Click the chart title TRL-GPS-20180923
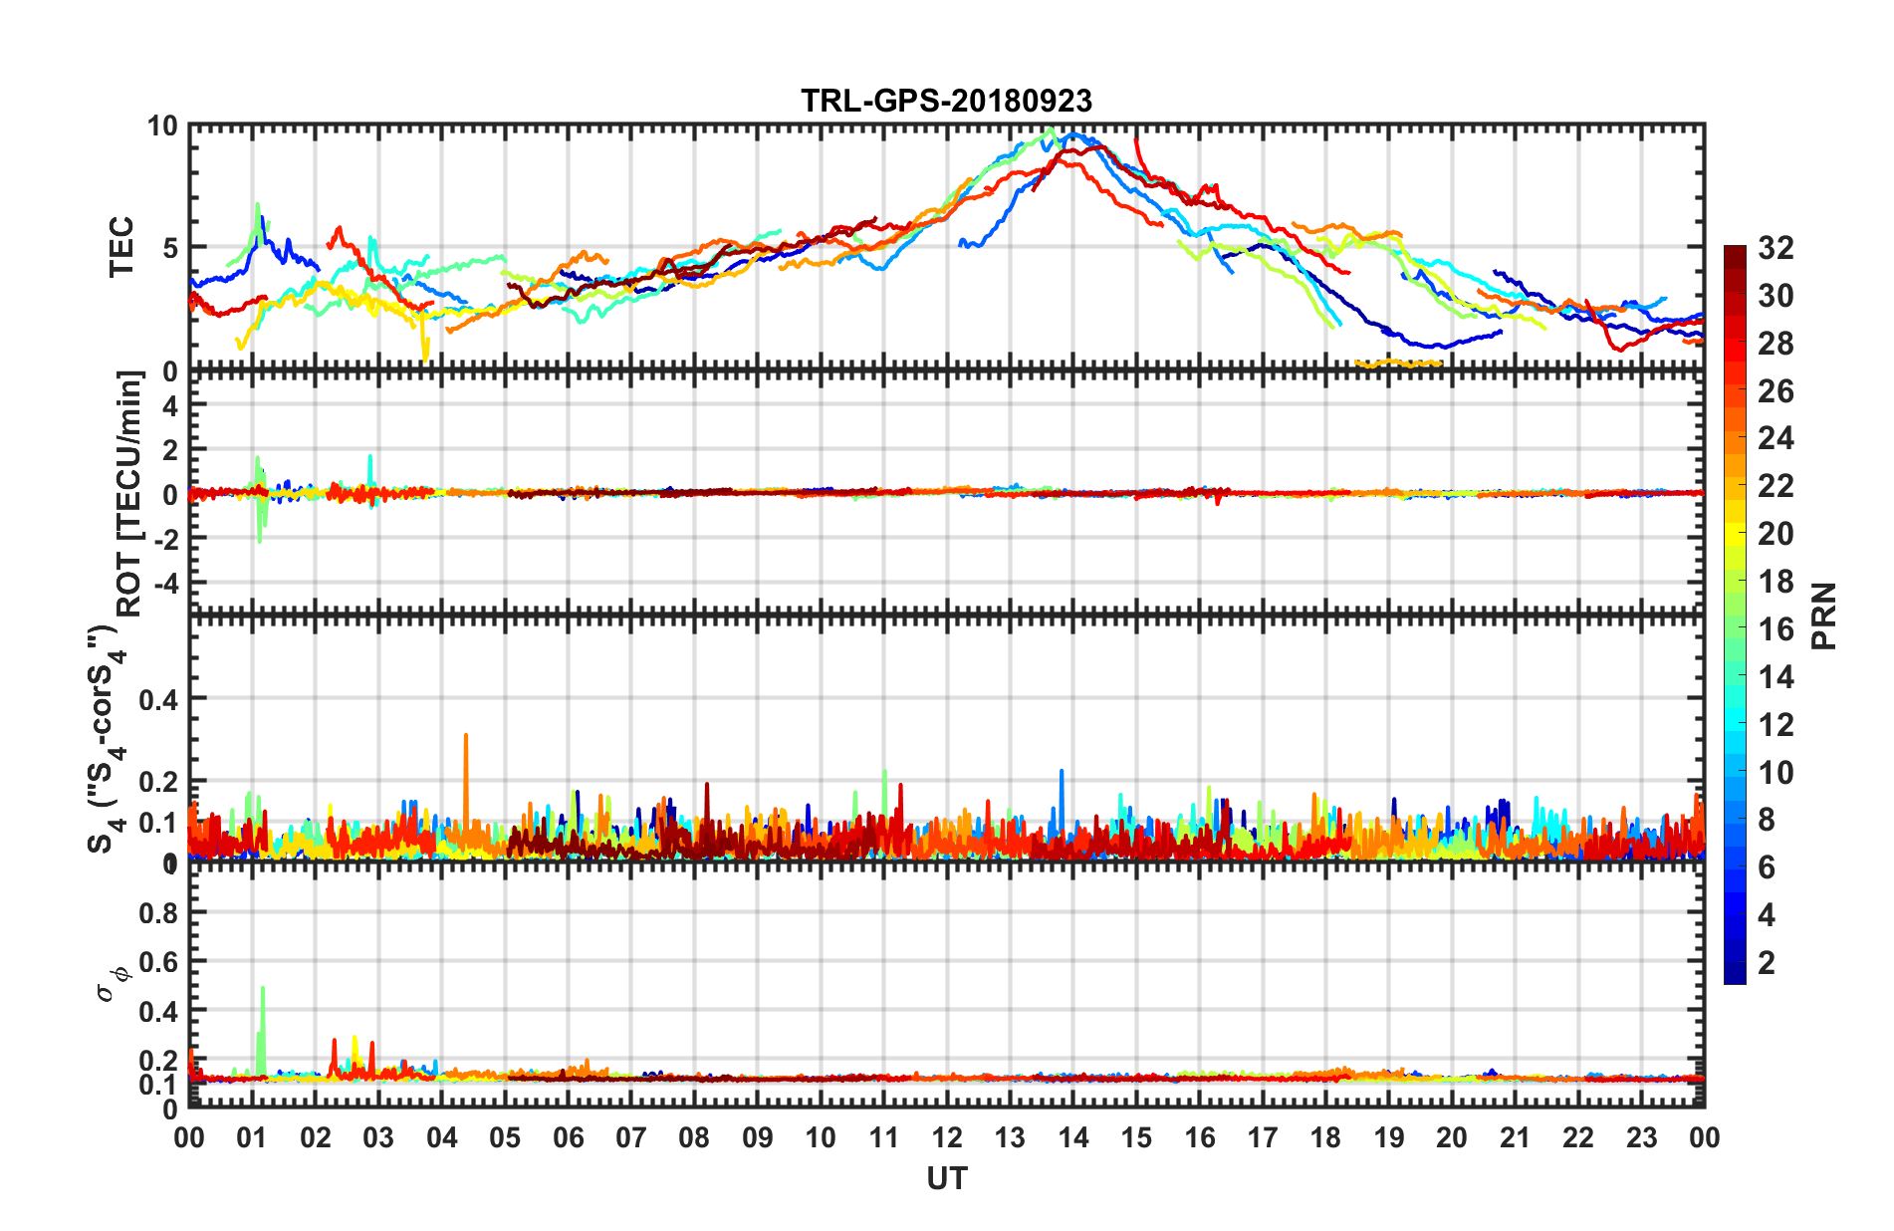(x=946, y=102)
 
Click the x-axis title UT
(x=946, y=1178)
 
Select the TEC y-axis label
(x=121, y=247)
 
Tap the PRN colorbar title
(x=1823, y=615)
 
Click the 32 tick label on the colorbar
(x=1775, y=248)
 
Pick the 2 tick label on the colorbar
(x=1767, y=962)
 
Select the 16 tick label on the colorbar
(x=1775, y=629)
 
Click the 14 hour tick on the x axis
(x=1072, y=1137)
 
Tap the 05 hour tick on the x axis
(x=505, y=1137)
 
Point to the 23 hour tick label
(x=1641, y=1137)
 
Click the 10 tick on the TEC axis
(x=162, y=126)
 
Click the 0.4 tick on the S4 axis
(x=158, y=699)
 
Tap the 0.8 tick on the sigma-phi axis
(x=158, y=912)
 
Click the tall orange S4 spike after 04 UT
(x=466, y=738)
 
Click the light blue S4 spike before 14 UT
(x=1062, y=773)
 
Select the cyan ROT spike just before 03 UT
(x=370, y=458)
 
